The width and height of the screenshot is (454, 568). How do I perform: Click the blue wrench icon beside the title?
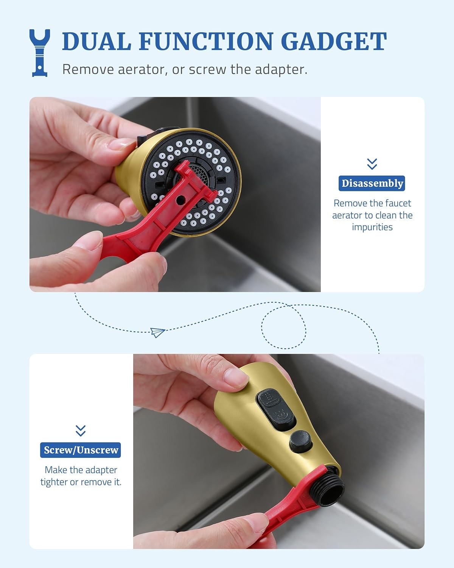[40, 53]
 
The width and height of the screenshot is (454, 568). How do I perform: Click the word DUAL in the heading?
[96, 41]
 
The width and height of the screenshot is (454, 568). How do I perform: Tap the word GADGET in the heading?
[334, 41]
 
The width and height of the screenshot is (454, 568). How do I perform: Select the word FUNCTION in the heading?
[206, 41]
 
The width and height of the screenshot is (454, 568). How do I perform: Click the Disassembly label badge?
[372, 183]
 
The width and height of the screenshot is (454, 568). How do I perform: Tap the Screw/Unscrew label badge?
[81, 450]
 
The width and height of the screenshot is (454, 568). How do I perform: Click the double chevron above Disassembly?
[372, 164]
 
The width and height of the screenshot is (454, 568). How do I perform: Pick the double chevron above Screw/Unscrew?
[81, 431]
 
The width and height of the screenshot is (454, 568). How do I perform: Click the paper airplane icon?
[158, 332]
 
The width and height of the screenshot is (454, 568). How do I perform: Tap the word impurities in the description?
[372, 227]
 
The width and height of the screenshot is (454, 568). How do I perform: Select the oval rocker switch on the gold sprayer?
[276, 409]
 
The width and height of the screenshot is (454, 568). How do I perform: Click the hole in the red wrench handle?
[180, 200]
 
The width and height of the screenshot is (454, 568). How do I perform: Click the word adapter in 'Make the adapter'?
[101, 470]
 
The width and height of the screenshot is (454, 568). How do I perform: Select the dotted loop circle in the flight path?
[284, 327]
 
